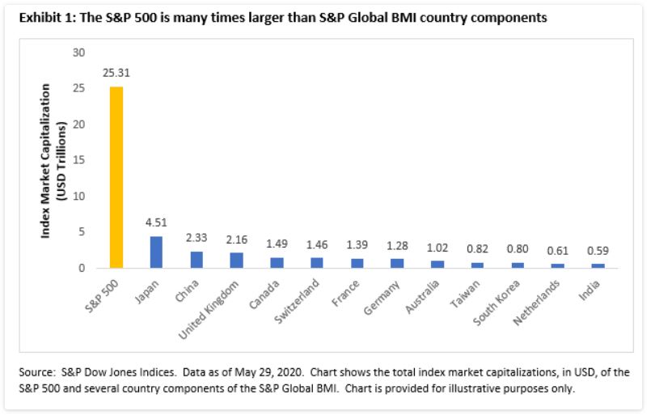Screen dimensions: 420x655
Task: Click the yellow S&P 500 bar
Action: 116,177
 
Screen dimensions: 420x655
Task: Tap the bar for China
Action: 196,259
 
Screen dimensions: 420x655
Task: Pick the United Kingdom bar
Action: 237,260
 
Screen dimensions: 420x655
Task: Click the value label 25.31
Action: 116,73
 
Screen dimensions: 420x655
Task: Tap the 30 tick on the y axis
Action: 78,53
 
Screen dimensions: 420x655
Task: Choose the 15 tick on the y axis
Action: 78,160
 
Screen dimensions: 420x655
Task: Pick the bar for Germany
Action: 398,263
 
